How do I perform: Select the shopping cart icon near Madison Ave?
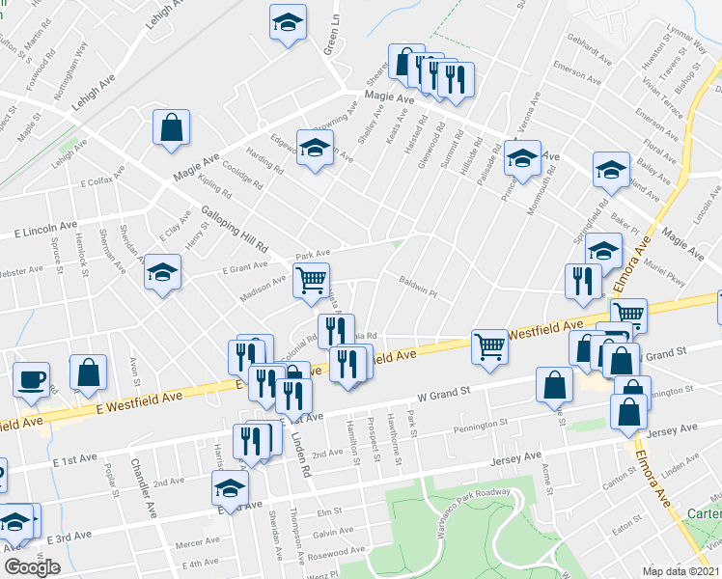pos(311,280)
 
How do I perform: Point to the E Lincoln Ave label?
pos(45,231)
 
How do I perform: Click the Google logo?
pos(32,567)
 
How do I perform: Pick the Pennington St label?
pos(481,424)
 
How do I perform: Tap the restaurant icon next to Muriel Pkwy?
pos(582,281)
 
